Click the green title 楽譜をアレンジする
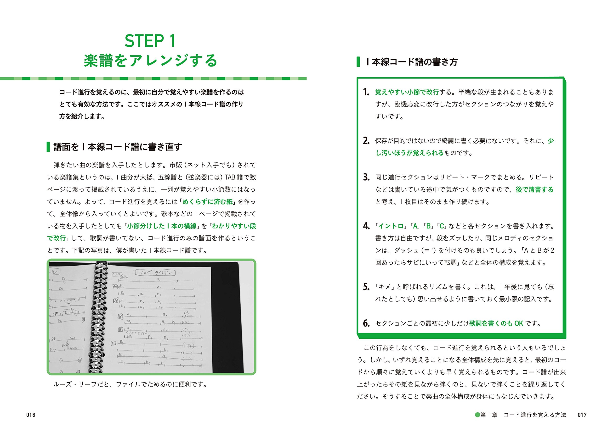click(x=150, y=61)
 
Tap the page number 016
click(x=31, y=415)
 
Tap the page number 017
click(x=582, y=415)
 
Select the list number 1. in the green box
click(x=366, y=92)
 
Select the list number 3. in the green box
click(x=366, y=177)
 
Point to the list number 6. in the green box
click(x=366, y=323)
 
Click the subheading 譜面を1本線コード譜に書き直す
click(x=117, y=147)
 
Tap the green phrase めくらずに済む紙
click(x=207, y=202)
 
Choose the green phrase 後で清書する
click(x=534, y=190)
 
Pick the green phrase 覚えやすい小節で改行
click(x=407, y=92)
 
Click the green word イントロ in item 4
click(x=391, y=226)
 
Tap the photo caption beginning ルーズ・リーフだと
click(x=130, y=384)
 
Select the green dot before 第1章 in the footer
click(x=477, y=415)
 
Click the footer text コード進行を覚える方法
click(x=535, y=415)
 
